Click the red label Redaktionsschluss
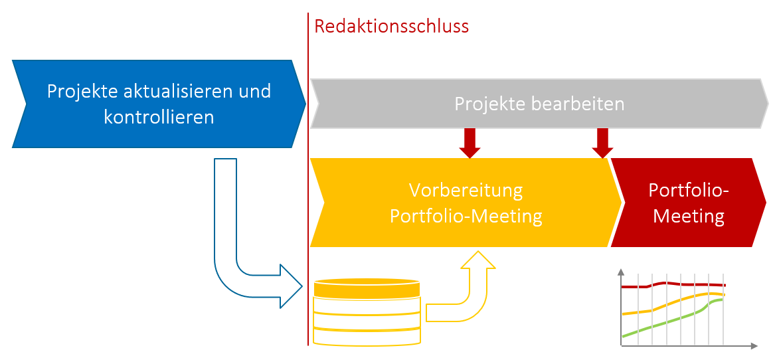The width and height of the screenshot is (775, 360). pyautogui.click(x=391, y=27)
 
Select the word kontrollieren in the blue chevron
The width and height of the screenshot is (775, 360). pyautogui.click(x=159, y=118)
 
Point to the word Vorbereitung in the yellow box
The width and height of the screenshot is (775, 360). pyautogui.click(x=466, y=191)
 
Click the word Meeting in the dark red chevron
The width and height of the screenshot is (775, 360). pyautogui.click(x=688, y=216)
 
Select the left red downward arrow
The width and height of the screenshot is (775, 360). pyautogui.click(x=470, y=143)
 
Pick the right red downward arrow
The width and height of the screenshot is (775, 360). pyautogui.click(x=602, y=143)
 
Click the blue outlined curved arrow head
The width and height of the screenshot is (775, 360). pyautogui.click(x=290, y=286)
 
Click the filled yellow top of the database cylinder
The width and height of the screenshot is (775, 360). pyautogui.click(x=367, y=288)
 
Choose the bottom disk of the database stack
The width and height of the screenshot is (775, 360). pyautogui.click(x=367, y=337)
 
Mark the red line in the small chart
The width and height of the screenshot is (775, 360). pyautogui.click(x=671, y=284)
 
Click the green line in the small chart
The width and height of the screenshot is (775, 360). pyautogui.click(x=664, y=323)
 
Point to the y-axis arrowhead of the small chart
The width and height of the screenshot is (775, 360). pyautogui.click(x=620, y=272)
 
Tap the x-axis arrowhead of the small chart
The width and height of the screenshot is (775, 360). pyautogui.click(x=754, y=346)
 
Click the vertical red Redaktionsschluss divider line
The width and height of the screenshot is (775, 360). pyautogui.click(x=308, y=199)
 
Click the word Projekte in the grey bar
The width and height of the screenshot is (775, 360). pyautogui.click(x=484, y=104)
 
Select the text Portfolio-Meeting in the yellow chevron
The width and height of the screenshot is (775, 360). pyautogui.click(x=466, y=217)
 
